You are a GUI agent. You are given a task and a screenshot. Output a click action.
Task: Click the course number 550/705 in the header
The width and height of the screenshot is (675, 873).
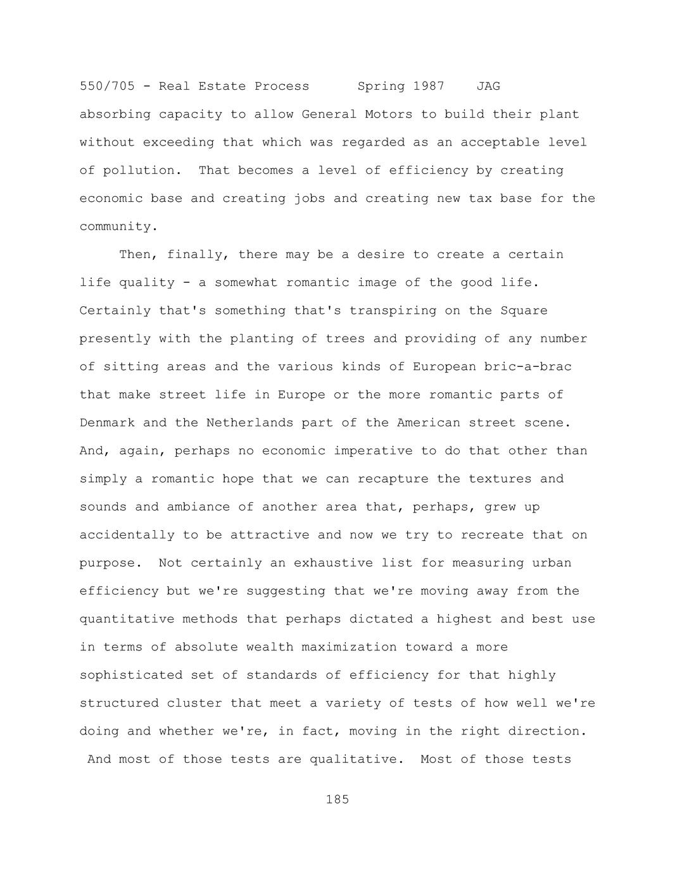pyautogui.click(x=107, y=86)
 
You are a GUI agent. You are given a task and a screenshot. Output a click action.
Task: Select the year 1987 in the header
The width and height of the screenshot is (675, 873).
pyautogui.click(x=429, y=86)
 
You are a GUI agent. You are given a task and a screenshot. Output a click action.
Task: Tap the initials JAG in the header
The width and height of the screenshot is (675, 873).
pyautogui.click(x=488, y=86)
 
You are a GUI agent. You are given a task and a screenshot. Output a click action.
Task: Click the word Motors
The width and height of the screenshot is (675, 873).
pyautogui.click(x=389, y=115)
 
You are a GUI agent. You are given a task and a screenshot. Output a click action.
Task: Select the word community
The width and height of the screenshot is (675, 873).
pyautogui.click(x=118, y=226)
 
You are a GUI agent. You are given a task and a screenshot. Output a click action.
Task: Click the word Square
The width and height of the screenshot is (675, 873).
pyautogui.click(x=524, y=311)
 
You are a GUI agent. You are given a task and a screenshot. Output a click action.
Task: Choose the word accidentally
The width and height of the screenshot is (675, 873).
pyautogui.click(x=127, y=535)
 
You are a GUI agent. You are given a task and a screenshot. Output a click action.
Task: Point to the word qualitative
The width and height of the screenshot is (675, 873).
pyautogui.click(x=356, y=759)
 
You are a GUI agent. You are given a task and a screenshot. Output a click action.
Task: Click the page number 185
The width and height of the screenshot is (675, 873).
pyautogui.click(x=337, y=800)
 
